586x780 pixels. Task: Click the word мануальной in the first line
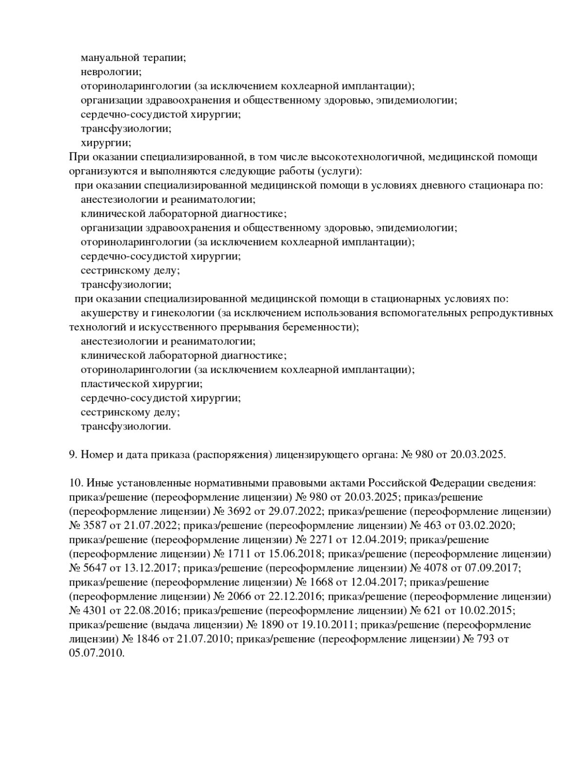109,58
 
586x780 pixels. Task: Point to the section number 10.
76,483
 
